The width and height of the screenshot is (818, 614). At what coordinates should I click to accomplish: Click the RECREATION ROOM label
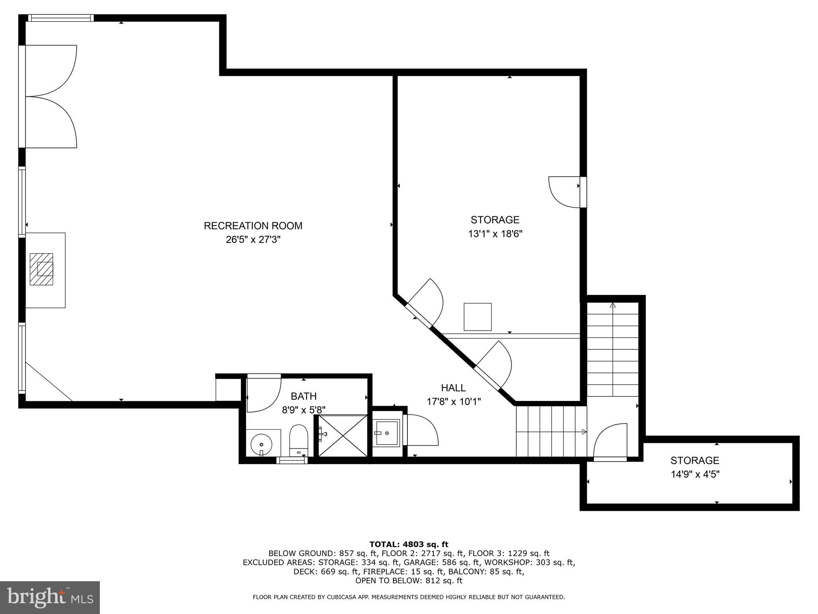pyautogui.click(x=253, y=226)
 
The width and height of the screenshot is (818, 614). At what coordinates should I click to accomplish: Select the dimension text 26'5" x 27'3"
pyautogui.click(x=253, y=240)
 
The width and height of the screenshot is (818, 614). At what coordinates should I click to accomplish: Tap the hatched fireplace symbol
pyautogui.click(x=42, y=269)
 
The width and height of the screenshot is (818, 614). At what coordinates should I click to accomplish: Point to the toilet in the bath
pyautogui.click(x=298, y=440)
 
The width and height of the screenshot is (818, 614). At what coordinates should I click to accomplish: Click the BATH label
pyautogui.click(x=304, y=396)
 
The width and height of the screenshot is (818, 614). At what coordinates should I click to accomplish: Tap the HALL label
pyautogui.click(x=453, y=388)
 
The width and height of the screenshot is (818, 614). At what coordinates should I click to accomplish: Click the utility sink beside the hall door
pyautogui.click(x=386, y=433)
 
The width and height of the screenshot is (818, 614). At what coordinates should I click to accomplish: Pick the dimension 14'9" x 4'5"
pyautogui.click(x=695, y=474)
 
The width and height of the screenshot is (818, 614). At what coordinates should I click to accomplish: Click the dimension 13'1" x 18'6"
pyautogui.click(x=495, y=234)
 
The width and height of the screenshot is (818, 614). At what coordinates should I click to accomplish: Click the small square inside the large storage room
pyautogui.click(x=477, y=317)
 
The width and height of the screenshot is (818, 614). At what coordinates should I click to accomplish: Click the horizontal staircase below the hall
pyautogui.click(x=551, y=431)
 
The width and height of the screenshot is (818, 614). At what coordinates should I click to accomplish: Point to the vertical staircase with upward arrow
pyautogui.click(x=613, y=350)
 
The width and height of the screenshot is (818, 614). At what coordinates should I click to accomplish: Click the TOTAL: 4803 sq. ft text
pyautogui.click(x=409, y=544)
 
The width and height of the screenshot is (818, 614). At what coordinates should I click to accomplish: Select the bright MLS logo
pyautogui.click(x=50, y=598)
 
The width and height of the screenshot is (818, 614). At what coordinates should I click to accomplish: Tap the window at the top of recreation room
pyautogui.click(x=61, y=18)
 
